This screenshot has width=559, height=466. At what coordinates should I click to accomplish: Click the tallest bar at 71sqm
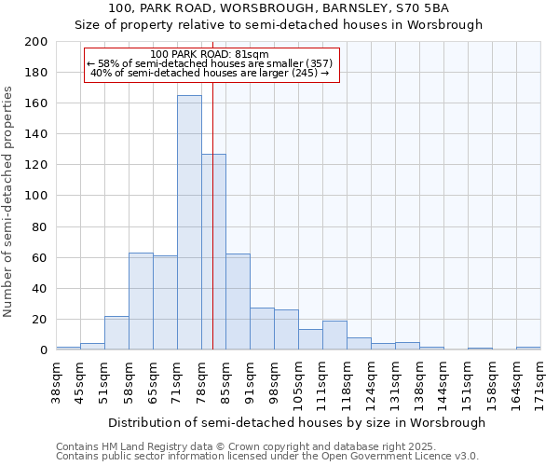click(189, 224)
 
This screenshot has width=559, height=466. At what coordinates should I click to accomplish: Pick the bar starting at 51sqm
click(116, 333)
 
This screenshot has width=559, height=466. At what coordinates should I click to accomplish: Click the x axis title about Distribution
click(297, 422)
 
